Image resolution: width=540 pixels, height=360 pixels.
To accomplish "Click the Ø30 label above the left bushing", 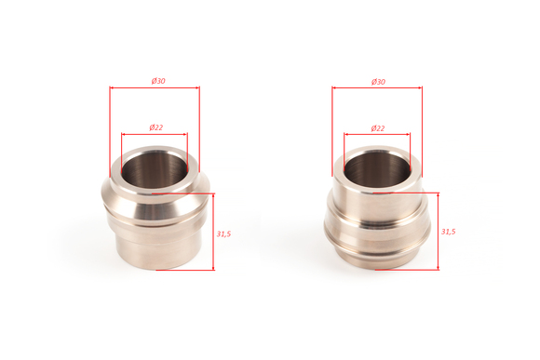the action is click(158, 81).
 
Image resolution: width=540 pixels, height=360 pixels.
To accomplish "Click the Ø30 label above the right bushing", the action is click(378, 82).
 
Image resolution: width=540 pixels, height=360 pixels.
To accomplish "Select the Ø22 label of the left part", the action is click(156, 127).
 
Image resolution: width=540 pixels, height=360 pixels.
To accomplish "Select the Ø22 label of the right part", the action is click(378, 128).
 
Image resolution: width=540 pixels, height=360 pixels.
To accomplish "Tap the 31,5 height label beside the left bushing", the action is click(223, 234).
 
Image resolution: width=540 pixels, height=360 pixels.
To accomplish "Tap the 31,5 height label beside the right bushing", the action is click(449, 232).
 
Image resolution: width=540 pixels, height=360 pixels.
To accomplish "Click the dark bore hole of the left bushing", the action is click(155, 169).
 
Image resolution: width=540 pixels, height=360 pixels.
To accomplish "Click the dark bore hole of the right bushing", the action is click(377, 169).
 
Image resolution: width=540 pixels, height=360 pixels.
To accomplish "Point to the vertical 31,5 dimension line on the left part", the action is click(213, 232).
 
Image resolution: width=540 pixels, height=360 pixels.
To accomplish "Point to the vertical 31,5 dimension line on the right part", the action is click(439, 232).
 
